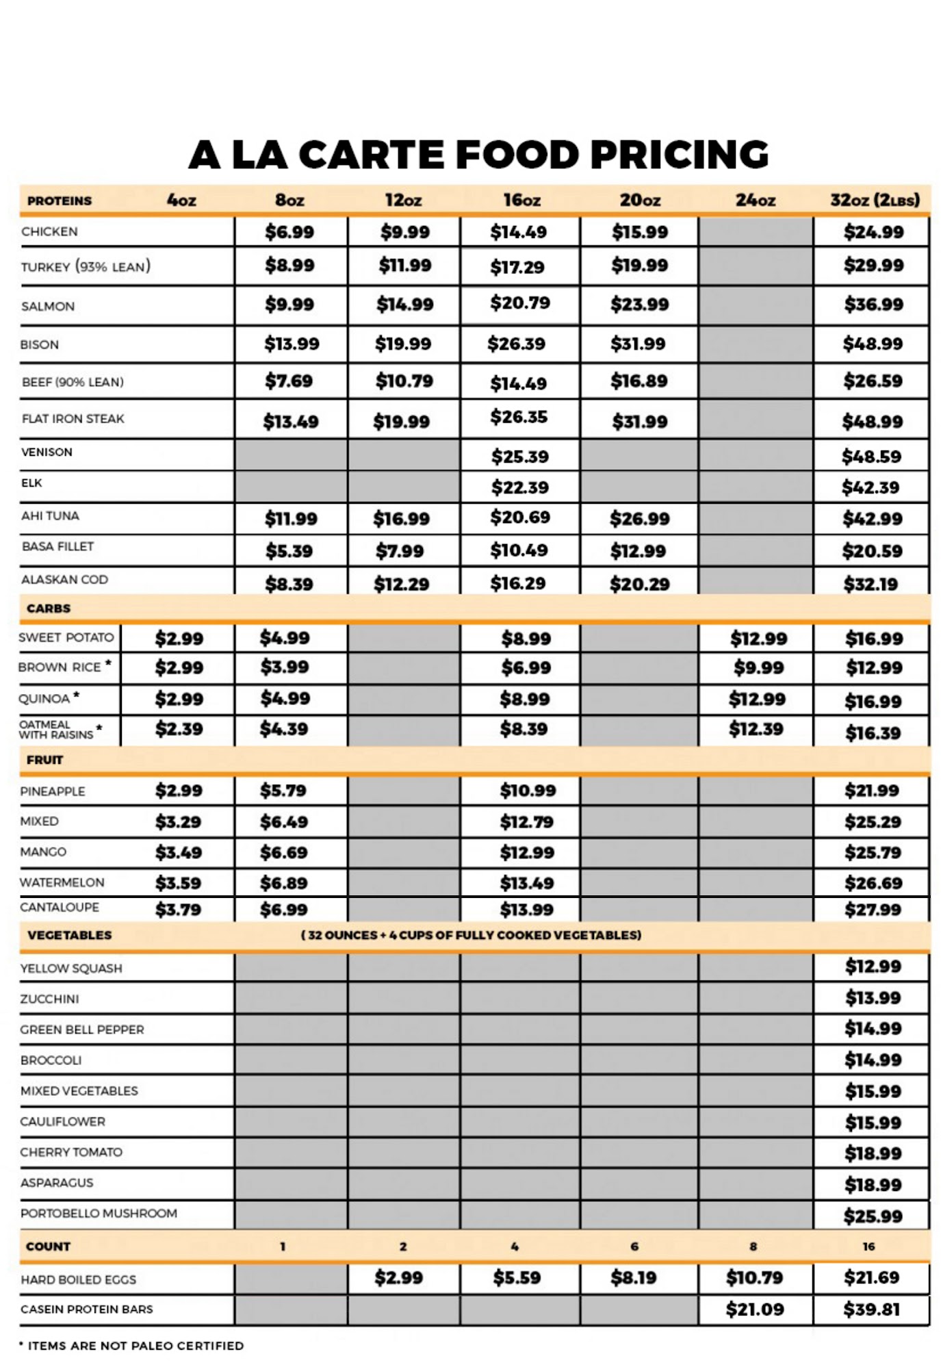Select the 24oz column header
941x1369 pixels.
755,201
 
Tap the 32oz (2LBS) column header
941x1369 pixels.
875,201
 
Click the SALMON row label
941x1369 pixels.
48,307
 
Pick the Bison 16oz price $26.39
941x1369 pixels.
516,344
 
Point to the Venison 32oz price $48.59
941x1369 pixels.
871,457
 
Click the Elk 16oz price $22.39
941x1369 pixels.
519,487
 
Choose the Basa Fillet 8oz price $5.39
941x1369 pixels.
289,551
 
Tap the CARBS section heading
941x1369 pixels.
48,609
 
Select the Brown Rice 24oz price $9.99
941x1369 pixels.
758,667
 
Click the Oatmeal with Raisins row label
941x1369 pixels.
56,730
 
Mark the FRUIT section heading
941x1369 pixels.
44,760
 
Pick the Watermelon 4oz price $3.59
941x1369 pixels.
178,883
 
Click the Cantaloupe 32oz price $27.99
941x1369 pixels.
873,910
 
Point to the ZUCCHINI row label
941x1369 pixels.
49,999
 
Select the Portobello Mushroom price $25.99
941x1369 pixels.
873,1216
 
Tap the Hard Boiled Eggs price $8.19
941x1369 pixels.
633,1278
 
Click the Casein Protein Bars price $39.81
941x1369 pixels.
871,1309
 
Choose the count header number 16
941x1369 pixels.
868,1246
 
